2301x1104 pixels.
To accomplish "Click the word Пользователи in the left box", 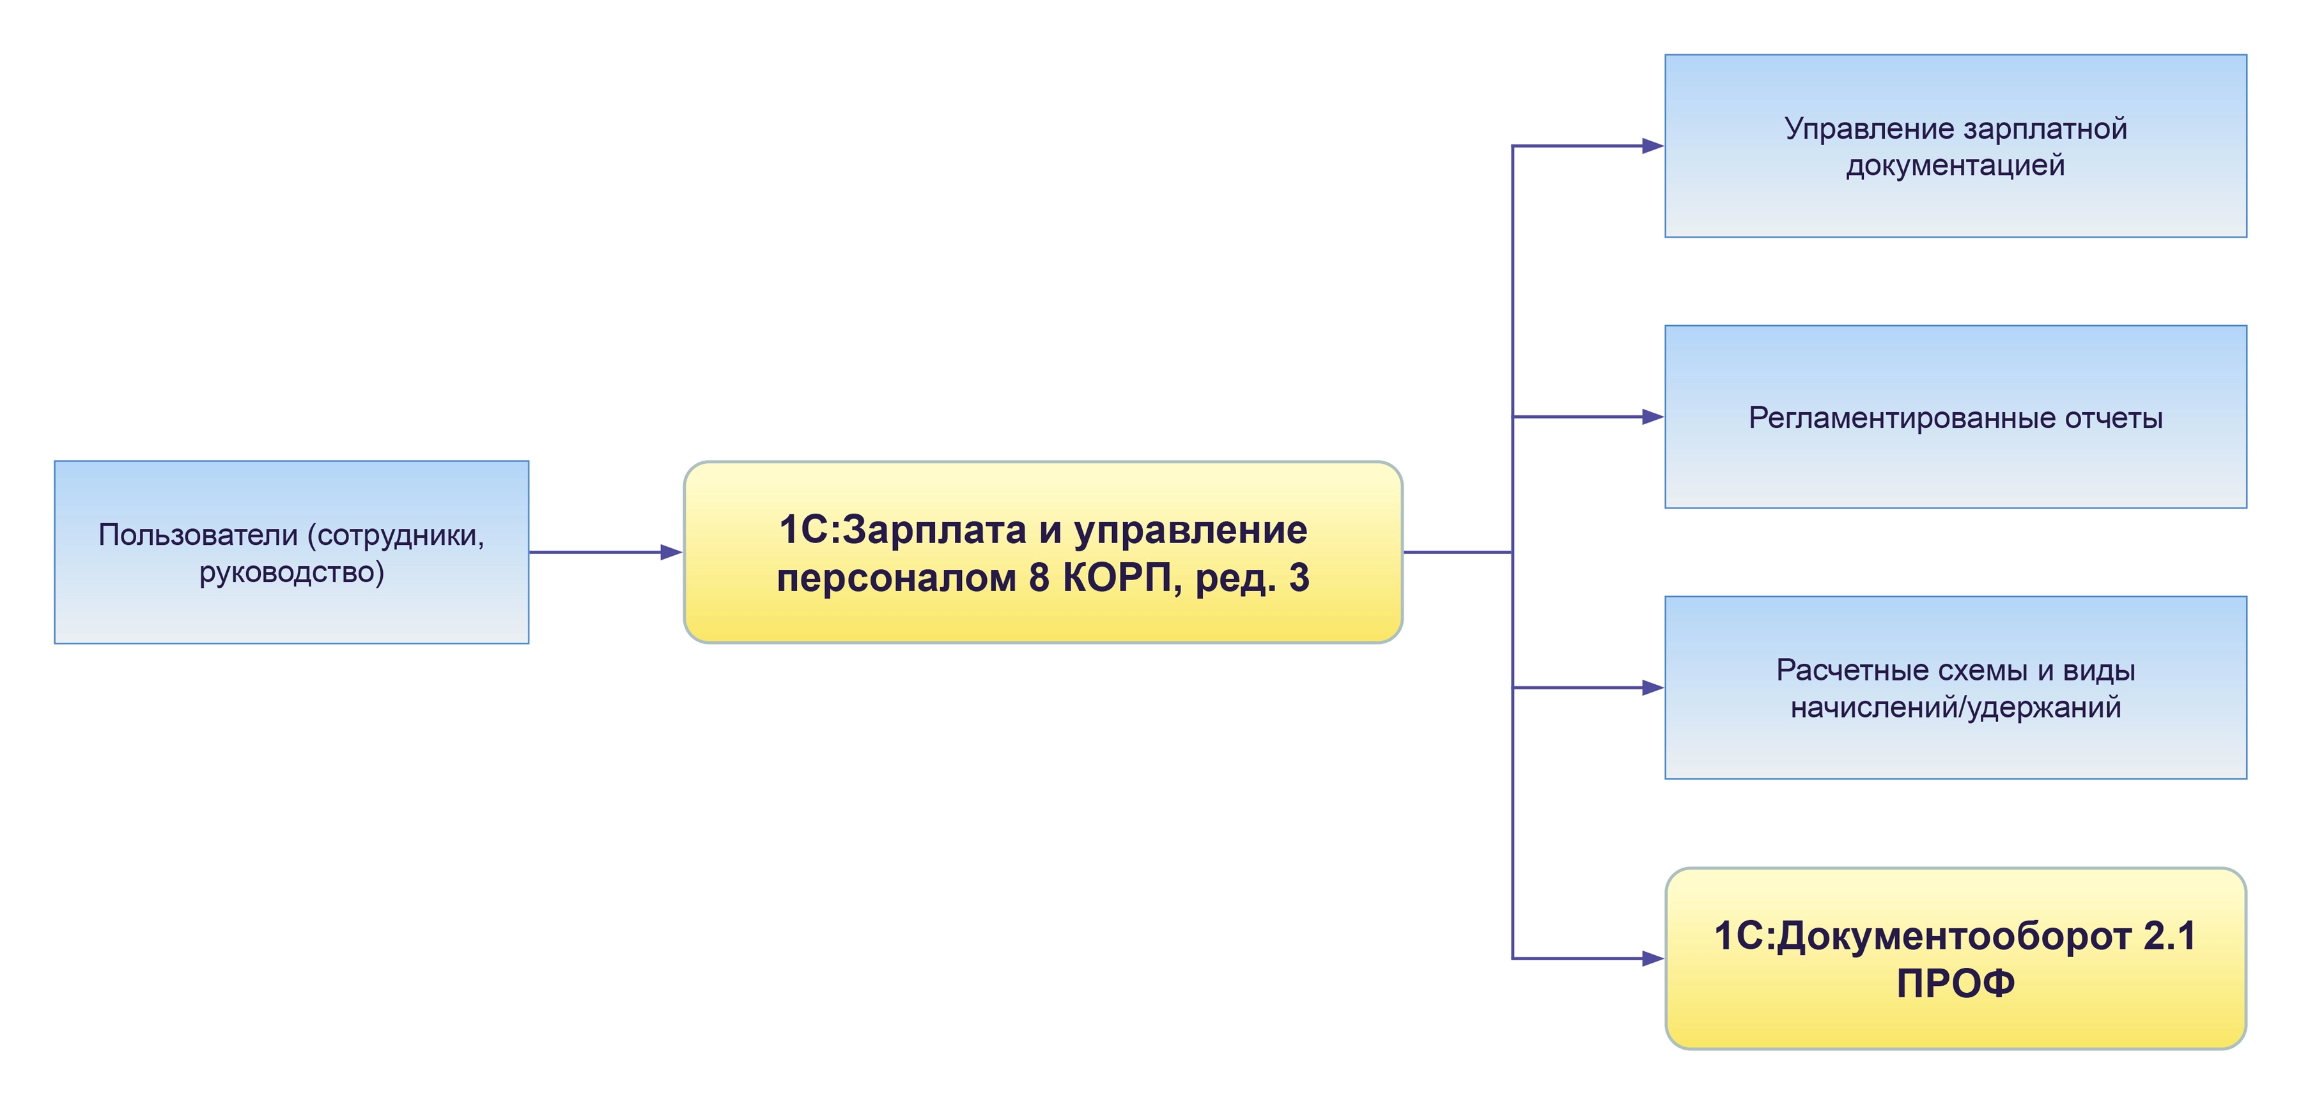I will click(198, 535).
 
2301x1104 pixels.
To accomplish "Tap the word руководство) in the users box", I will click(291, 572).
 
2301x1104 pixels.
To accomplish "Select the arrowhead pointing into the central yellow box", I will click(671, 552).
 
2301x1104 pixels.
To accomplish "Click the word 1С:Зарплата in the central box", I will click(902, 530).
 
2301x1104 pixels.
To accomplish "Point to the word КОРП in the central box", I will click(1115, 578).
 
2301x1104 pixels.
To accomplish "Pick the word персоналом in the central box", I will click(896, 578).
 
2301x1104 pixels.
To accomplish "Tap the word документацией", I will click(1955, 165).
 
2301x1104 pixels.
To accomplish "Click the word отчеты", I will click(2114, 417).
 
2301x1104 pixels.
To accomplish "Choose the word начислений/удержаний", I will click(1955, 707).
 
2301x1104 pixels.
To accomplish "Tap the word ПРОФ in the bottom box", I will click(1955, 983).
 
